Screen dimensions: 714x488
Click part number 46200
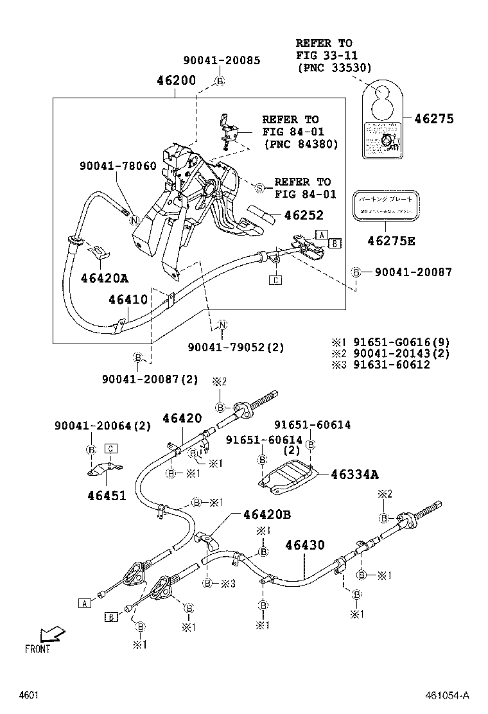[177, 82]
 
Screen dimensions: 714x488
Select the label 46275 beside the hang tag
[433, 118]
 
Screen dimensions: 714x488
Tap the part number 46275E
[391, 241]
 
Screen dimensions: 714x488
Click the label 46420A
[105, 277]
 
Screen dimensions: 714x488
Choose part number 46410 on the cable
[128, 299]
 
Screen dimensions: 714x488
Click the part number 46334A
[354, 475]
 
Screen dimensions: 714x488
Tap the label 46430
[305, 545]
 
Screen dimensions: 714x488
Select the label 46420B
[266, 514]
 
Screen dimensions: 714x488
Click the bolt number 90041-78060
[118, 165]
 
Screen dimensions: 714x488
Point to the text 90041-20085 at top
[222, 60]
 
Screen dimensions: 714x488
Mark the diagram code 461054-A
[448, 695]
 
